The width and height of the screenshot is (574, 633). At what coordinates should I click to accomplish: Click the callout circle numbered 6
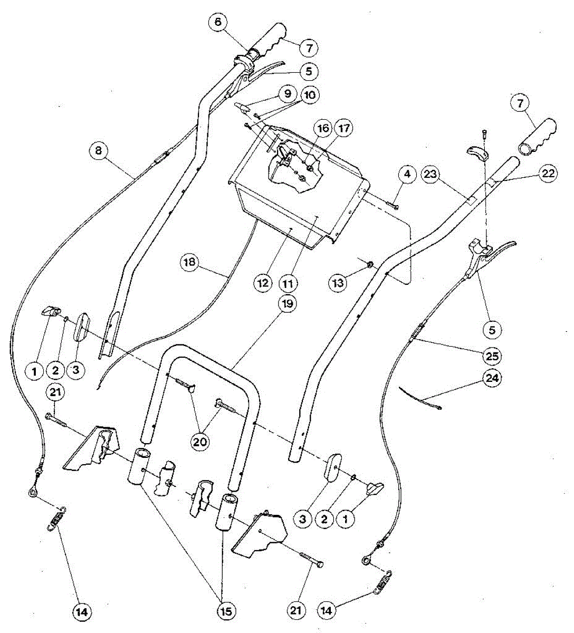click(218, 22)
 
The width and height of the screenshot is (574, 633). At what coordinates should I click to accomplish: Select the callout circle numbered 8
click(98, 151)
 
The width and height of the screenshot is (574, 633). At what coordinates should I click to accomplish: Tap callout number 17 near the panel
click(346, 129)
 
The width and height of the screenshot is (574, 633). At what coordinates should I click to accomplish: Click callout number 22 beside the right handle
click(549, 172)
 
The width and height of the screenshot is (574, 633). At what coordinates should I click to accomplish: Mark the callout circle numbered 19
click(289, 304)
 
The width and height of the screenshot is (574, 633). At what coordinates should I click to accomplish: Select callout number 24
click(494, 379)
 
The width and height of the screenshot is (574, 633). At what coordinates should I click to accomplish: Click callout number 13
click(339, 283)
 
